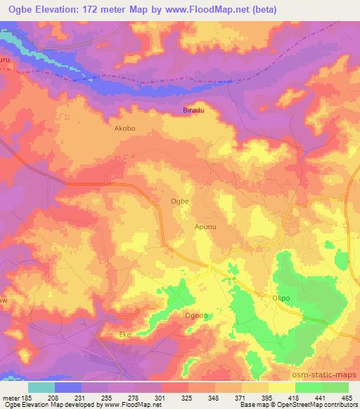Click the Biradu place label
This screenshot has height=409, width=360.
pyautogui.click(x=193, y=111)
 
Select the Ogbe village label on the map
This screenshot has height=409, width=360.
pyautogui.click(x=179, y=201)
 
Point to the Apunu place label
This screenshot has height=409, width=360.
pyautogui.click(x=205, y=227)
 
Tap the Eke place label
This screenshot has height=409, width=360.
pyautogui.click(x=126, y=335)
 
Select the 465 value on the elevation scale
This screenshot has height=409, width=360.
pyautogui.click(x=347, y=397)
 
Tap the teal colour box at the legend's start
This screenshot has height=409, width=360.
pyautogui.click(x=41, y=387)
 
